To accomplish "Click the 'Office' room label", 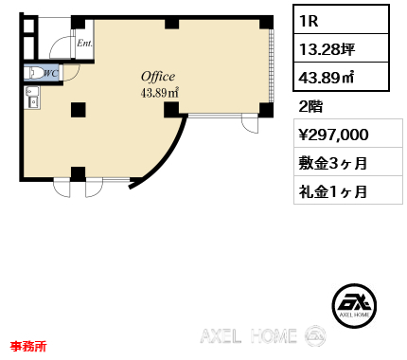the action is (158, 77).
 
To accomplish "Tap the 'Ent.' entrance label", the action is (84, 44).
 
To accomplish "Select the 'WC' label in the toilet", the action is (51, 74).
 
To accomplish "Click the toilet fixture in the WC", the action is (35, 73).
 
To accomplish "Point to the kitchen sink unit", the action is (32, 98).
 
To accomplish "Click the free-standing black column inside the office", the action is (79, 110).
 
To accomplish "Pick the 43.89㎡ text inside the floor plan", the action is (160, 93).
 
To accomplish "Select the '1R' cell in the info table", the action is (341, 20).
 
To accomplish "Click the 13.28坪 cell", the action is (341, 48).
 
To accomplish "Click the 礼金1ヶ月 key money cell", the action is (348, 190).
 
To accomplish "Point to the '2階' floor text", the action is (310, 106).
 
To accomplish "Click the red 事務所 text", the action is (28, 346).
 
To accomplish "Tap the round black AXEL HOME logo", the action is (354, 305).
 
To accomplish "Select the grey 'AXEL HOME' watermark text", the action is (248, 335).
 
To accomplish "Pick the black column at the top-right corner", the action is (266, 22).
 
